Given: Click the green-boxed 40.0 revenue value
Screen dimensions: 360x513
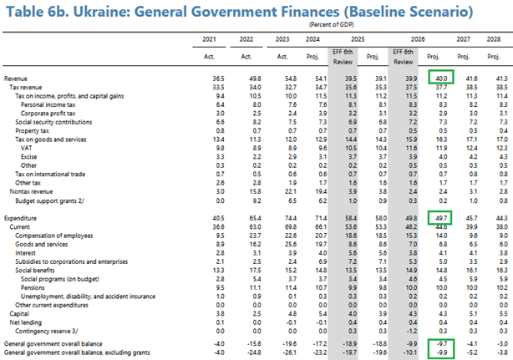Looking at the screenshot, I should pos(439,77).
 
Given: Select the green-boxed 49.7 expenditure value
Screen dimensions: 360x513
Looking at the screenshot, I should pos(439,215).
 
